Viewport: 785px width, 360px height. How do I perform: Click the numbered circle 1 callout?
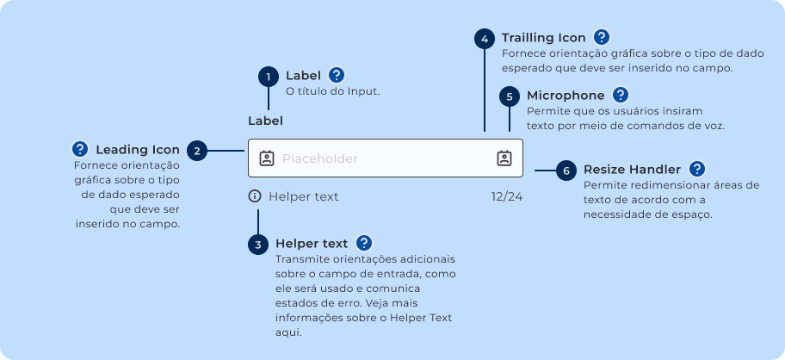tap(269, 77)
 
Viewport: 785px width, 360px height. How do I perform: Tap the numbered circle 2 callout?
tap(197, 151)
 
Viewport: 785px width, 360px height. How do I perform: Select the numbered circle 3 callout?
tap(258, 245)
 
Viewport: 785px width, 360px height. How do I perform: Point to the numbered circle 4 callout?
tap(485, 39)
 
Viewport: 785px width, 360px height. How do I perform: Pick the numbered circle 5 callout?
tap(510, 96)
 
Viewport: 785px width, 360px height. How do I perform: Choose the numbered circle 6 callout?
tap(566, 171)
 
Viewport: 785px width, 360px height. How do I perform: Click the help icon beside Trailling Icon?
tap(602, 37)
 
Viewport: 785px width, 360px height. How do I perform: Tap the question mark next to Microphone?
tap(621, 95)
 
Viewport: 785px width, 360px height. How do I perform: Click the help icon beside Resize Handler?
tap(697, 169)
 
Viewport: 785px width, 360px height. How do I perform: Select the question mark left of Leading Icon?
tap(80, 148)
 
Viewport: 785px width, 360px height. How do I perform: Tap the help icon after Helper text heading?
tap(364, 243)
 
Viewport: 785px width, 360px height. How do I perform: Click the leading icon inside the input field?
tap(267, 158)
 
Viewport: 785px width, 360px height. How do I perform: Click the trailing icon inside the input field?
tap(504, 158)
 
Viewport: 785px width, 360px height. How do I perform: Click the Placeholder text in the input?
tap(319, 158)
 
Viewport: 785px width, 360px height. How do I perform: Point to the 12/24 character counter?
tap(507, 196)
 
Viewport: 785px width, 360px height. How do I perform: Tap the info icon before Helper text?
tap(255, 196)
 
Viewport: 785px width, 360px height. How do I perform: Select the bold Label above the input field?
tap(265, 121)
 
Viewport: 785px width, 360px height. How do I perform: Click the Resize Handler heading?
tap(632, 170)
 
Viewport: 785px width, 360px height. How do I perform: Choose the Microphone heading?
tap(566, 96)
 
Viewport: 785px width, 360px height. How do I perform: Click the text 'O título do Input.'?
tap(332, 91)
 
